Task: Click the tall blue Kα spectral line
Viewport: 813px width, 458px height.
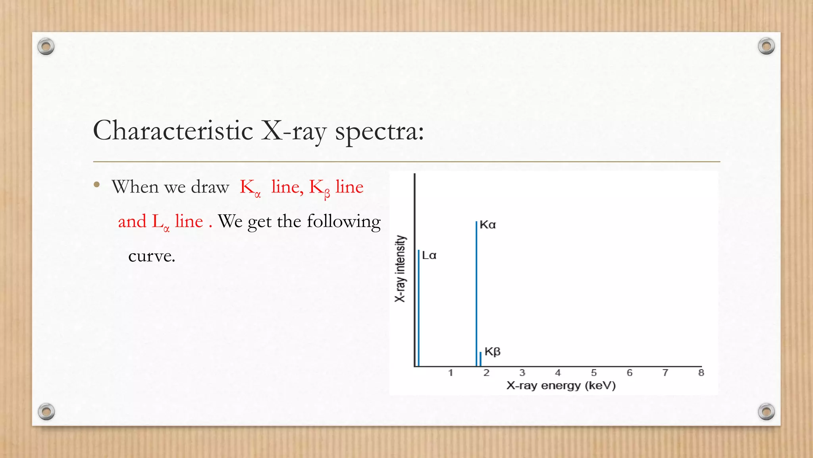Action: pos(476,294)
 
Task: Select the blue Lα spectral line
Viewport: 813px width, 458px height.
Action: pos(419,308)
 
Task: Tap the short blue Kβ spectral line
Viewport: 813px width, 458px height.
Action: pos(480,359)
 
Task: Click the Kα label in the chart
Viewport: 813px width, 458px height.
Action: pos(488,225)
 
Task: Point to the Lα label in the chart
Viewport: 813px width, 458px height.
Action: pos(429,256)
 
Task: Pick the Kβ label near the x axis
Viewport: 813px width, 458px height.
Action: pos(493,352)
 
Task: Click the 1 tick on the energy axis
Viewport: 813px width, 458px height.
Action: pos(451,373)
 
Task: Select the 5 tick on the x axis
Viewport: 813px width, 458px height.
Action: pos(594,373)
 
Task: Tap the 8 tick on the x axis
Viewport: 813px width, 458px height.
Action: pos(701,373)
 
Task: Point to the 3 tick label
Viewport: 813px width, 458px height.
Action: pos(522,373)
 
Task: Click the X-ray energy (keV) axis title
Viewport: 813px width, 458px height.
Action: pos(561,386)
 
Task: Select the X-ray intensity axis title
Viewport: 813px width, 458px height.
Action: pos(400,269)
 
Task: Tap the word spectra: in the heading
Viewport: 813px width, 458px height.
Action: pos(380,131)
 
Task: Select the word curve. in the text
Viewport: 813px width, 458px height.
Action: pos(152,256)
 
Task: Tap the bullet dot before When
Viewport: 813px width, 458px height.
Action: pos(97,184)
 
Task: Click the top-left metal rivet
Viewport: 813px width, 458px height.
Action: pos(46,47)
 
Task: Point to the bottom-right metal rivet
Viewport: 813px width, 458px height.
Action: pos(766,411)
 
